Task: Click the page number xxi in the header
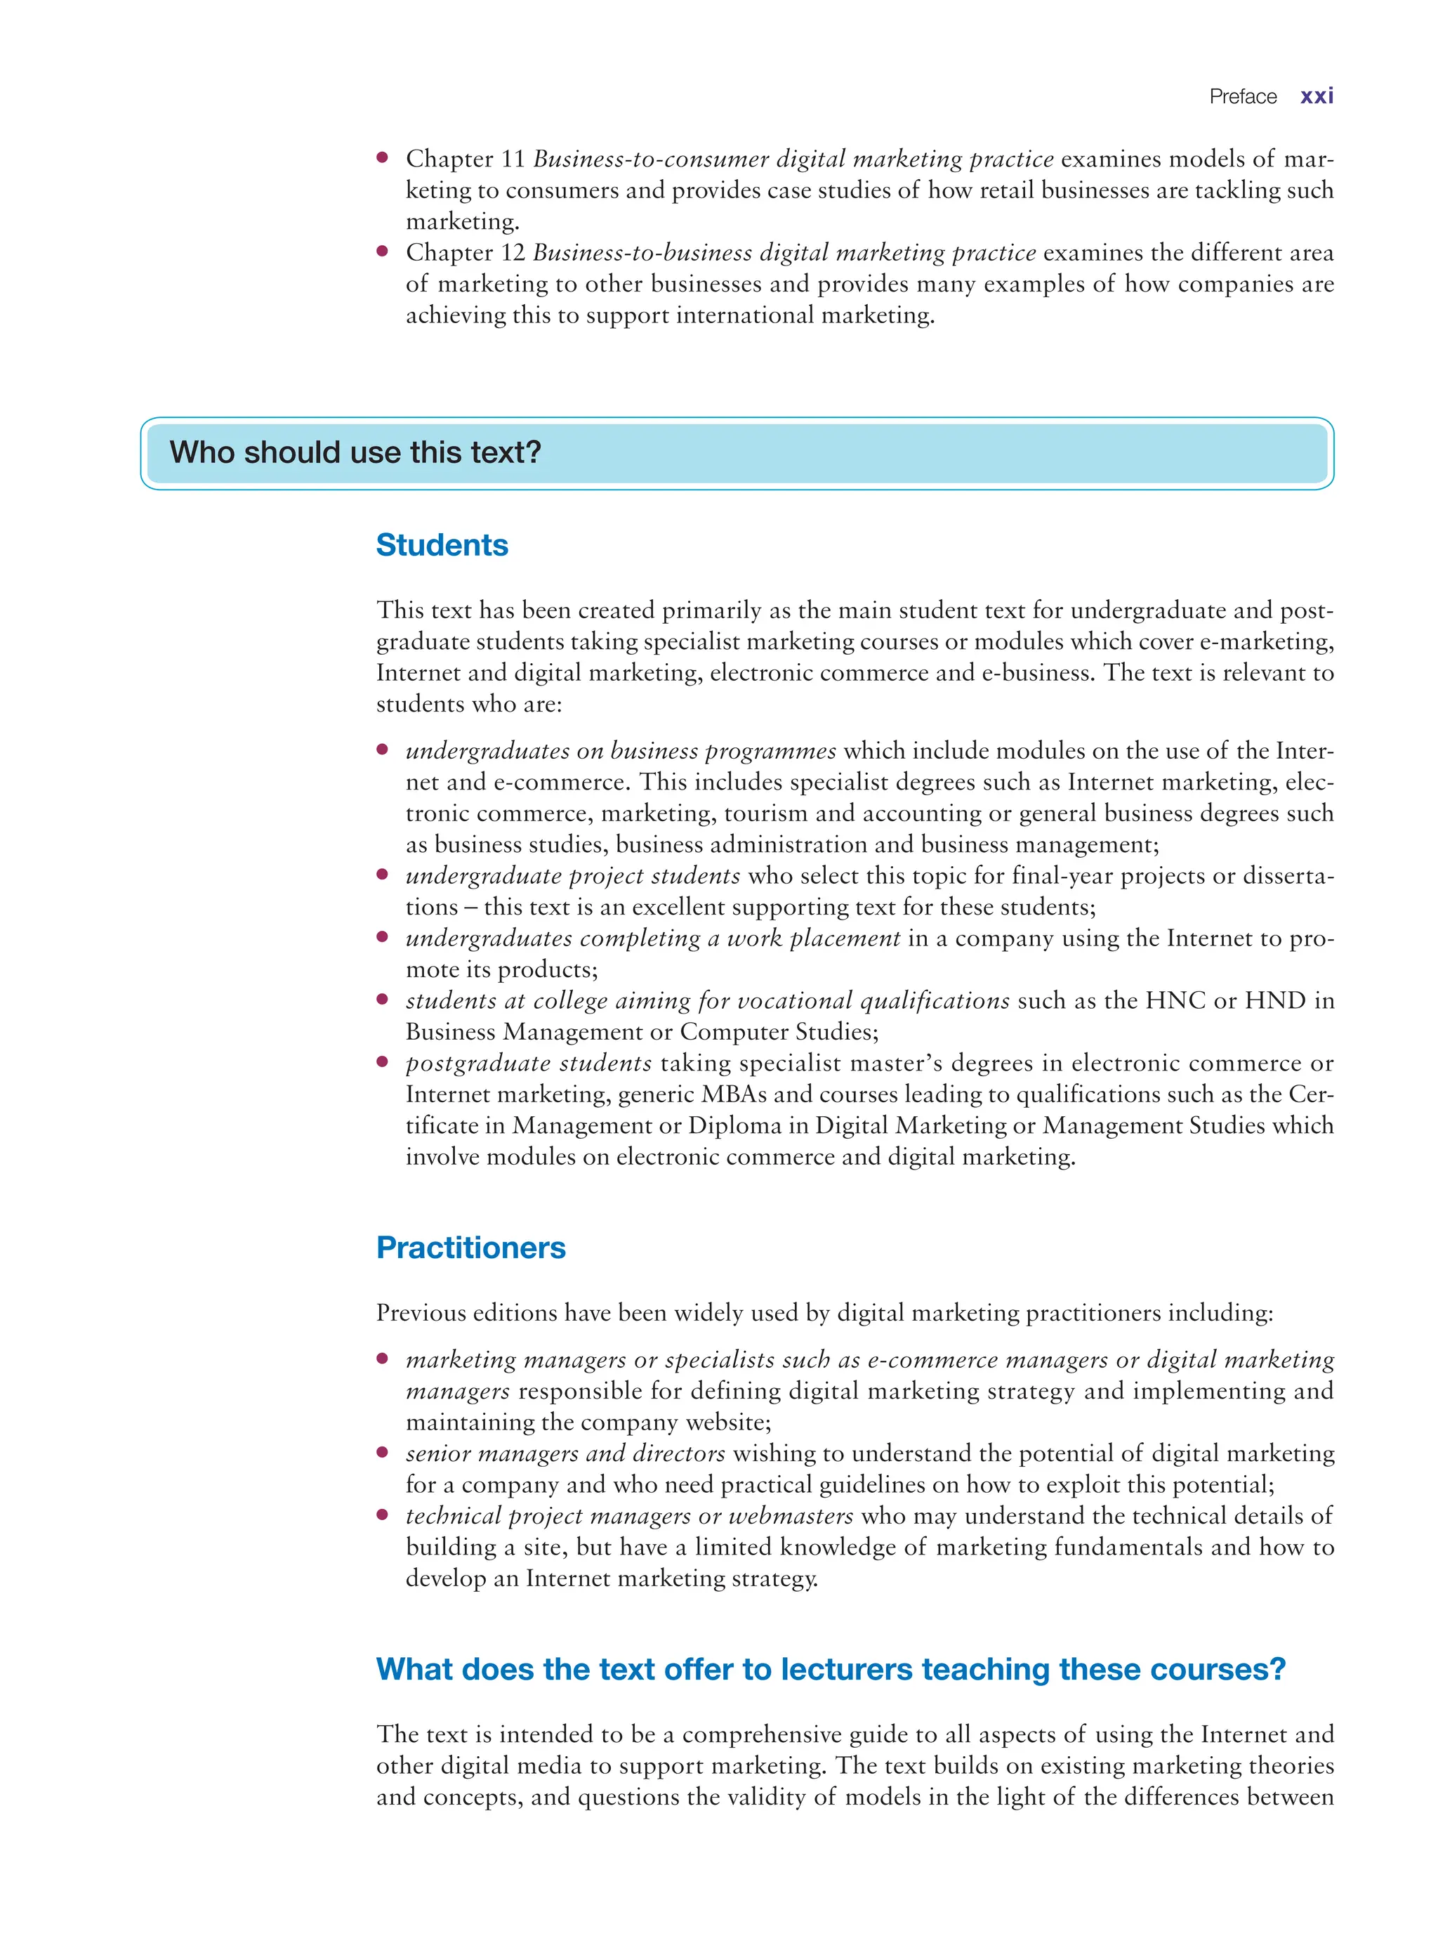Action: coord(1316,97)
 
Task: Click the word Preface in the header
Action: coord(1242,97)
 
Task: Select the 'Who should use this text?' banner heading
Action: coord(355,453)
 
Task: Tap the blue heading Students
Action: coord(442,545)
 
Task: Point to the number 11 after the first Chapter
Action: coord(513,159)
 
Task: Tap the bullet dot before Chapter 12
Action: coord(382,251)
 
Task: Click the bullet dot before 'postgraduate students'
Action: coord(382,1062)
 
